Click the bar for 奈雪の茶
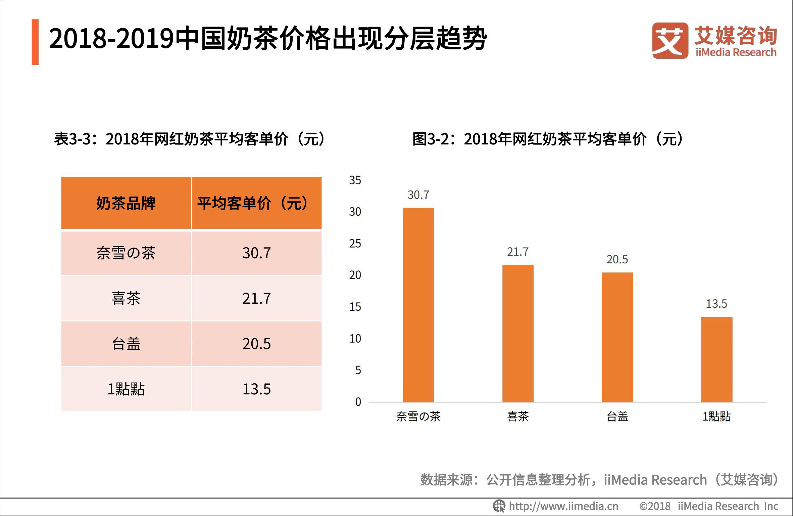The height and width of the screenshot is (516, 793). (418, 305)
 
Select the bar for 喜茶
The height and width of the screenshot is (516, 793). (517, 333)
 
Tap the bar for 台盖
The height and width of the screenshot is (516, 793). (617, 337)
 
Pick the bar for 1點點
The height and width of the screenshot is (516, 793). (716, 359)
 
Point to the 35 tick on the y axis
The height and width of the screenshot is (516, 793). (355, 180)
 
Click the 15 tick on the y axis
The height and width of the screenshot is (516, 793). (355, 307)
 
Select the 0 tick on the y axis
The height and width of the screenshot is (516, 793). (358, 402)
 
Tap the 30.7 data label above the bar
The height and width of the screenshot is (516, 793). (418, 195)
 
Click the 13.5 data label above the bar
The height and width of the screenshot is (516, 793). (716, 304)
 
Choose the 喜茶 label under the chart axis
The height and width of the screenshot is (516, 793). (517, 417)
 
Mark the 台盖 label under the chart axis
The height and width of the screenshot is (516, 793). (617, 417)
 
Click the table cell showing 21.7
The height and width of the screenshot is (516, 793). (256, 298)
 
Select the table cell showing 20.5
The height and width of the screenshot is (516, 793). (256, 344)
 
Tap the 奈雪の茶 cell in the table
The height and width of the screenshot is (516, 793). (126, 253)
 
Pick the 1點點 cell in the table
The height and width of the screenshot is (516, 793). (126, 389)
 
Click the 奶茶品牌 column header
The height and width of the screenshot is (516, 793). (126, 203)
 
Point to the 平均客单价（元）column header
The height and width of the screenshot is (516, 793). (256, 203)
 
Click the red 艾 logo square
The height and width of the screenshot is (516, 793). (670, 41)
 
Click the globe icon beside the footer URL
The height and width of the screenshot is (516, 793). (499, 506)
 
